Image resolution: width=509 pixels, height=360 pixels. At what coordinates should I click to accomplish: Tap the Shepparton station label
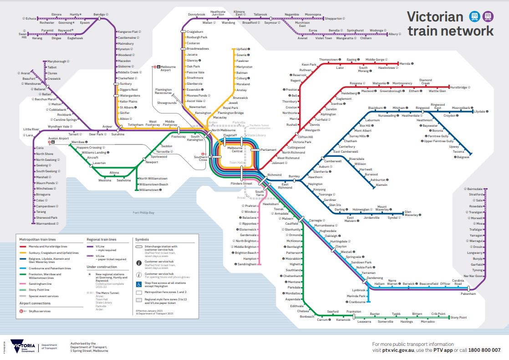pos(333,19)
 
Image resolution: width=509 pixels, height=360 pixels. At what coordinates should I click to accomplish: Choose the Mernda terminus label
pos(405,63)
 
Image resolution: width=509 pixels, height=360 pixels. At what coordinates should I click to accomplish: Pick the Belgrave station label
pos(463,157)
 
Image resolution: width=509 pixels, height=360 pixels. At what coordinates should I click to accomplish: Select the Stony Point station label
pos(458,317)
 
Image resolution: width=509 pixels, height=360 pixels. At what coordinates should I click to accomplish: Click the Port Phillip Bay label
pos(143,213)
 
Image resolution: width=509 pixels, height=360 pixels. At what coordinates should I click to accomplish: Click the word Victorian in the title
pos(434,17)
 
